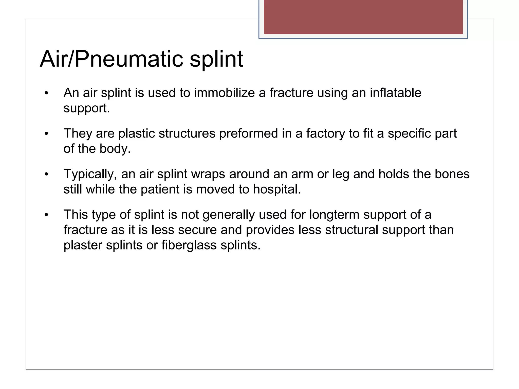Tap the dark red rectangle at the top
tap(363, 17)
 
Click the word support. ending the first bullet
tap(87, 108)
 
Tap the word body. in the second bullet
tap(115, 149)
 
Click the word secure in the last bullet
tap(197, 230)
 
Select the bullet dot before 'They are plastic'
tap(46, 134)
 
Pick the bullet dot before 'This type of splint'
tap(46, 215)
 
